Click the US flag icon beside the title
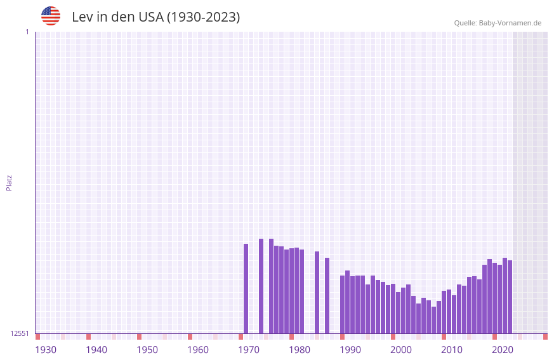[x=51, y=16]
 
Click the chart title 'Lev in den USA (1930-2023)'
[x=155, y=17]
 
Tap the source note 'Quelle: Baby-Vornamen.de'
[x=498, y=23]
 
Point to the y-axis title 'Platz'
[x=9, y=182]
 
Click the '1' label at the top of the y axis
[x=27, y=32]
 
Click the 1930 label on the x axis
[x=46, y=350]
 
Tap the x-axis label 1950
[x=147, y=350]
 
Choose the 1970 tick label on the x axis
[x=249, y=350]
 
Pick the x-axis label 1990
[x=350, y=350]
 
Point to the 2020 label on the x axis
[x=503, y=350]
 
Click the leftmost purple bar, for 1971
[x=246, y=288]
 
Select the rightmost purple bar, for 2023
[x=510, y=297]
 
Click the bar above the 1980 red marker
[x=291, y=291]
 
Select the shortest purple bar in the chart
[x=433, y=320]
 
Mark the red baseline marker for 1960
[x=190, y=337]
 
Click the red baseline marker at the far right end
[x=545, y=337]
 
